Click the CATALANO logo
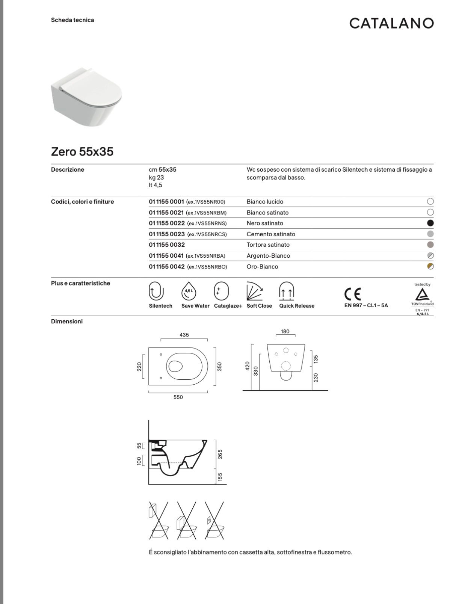click(x=391, y=23)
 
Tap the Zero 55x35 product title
click(x=82, y=152)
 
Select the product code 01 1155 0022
click(x=167, y=223)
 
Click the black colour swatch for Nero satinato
click(x=430, y=223)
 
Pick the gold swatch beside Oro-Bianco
click(x=430, y=267)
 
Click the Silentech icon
click(x=157, y=291)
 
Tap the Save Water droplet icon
click(x=189, y=291)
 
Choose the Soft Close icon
click(x=254, y=291)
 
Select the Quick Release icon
click(x=287, y=291)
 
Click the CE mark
click(x=353, y=293)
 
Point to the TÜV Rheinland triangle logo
click(x=423, y=294)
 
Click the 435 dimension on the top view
click(x=184, y=335)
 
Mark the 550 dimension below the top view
click(x=178, y=397)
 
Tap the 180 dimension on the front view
click(x=285, y=331)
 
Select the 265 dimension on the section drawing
click(x=220, y=454)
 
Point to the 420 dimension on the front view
click(x=247, y=366)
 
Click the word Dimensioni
click(x=67, y=322)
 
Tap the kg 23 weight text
click(x=156, y=177)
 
